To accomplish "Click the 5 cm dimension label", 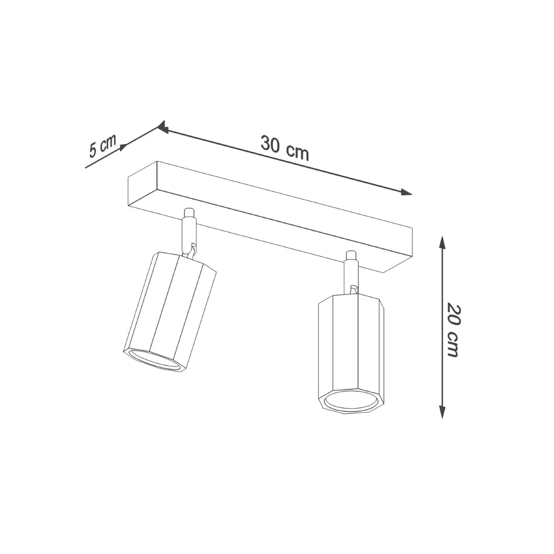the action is [x=102, y=146].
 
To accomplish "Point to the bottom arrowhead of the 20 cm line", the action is [x=442, y=411].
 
